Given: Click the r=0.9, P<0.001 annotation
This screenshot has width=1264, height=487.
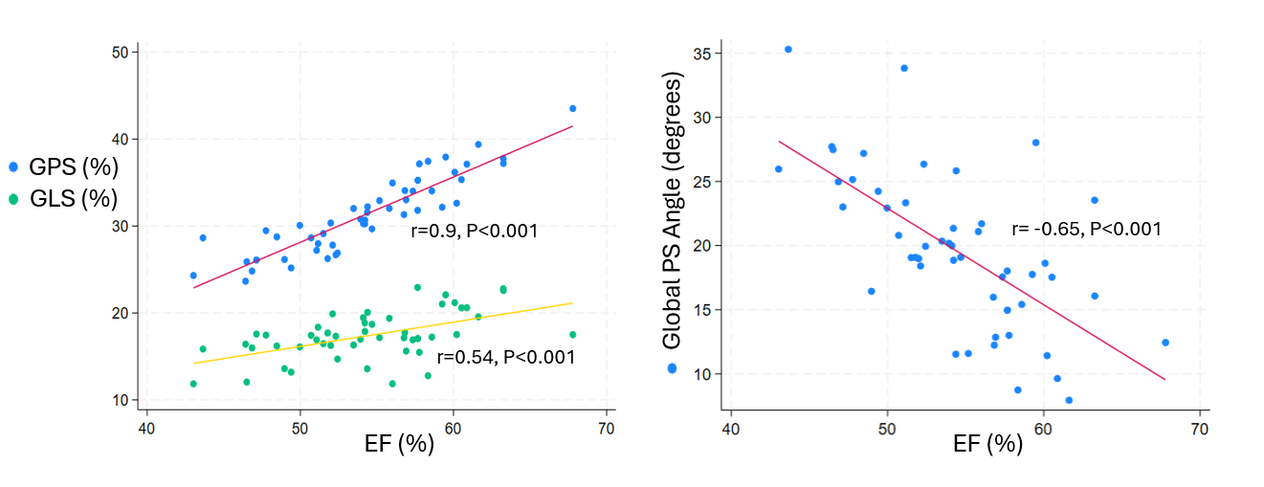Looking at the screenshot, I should pyautogui.click(x=474, y=231).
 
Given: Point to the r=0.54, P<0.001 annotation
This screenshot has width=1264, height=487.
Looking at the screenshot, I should pyautogui.click(x=505, y=357).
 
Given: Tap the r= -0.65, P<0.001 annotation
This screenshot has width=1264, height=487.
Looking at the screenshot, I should pyautogui.click(x=1086, y=230).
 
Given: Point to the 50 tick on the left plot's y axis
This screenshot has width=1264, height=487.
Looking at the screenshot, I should pyautogui.click(x=121, y=53).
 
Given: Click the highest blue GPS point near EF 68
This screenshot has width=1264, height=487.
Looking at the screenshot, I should pyautogui.click(x=572, y=108).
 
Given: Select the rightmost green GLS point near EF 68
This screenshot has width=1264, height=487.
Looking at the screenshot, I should pyautogui.click(x=572, y=334).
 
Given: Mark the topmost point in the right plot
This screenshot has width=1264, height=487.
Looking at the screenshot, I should pyautogui.click(x=788, y=49).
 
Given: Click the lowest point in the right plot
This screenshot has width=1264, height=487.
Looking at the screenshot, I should pyautogui.click(x=1069, y=400).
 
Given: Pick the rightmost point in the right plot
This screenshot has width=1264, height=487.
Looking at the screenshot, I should pyautogui.click(x=1165, y=342).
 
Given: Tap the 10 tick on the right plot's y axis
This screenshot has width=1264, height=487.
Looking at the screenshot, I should pyautogui.click(x=704, y=374).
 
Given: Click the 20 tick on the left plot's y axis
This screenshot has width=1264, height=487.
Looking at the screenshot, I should pyautogui.click(x=121, y=313).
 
